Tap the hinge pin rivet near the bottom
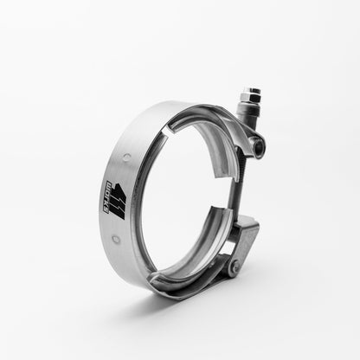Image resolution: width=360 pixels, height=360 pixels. (233, 268)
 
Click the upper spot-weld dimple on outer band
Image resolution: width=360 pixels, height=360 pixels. (127, 157)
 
